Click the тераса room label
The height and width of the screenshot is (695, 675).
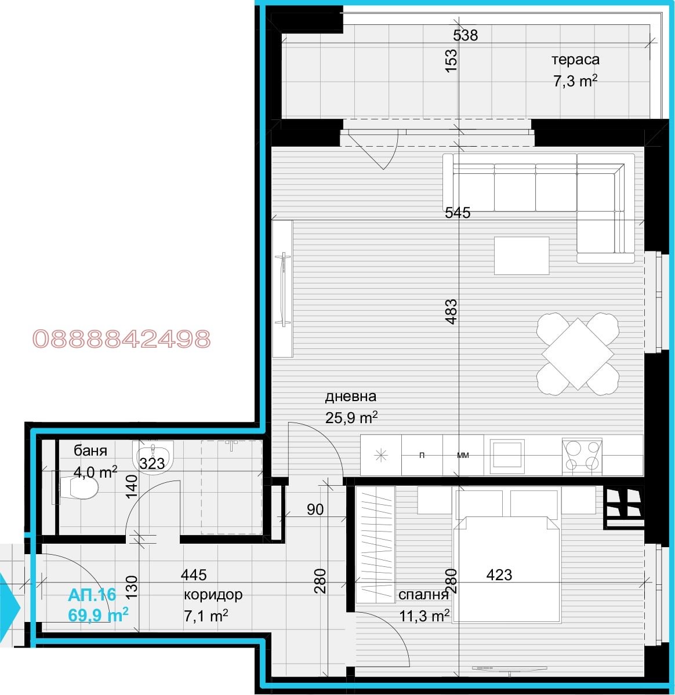pos(575,60)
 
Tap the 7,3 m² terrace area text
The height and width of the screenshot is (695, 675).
pos(575,81)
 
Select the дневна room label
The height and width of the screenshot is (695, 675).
pos(350,396)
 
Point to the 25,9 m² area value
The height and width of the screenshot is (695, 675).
pos(351,417)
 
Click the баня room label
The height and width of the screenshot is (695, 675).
pos(90,450)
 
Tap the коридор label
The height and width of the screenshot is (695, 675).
pos(213,595)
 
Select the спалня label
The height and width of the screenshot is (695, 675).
pos(423,595)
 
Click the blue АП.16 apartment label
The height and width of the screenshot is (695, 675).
pos(92,595)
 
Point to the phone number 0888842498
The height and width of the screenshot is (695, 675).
pos(122,339)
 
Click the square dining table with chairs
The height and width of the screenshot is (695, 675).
pos(578,353)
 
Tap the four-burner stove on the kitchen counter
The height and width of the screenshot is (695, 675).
pos(582,455)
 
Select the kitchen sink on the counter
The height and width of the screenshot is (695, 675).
pos(507,455)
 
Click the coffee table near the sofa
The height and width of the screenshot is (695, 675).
pos(521,256)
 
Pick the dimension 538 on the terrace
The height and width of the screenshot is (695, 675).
pos(466,35)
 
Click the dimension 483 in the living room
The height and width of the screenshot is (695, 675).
pos(451,311)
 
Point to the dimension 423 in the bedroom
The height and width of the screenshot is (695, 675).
pos(499,575)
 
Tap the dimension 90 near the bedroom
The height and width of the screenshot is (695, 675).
pos(315,510)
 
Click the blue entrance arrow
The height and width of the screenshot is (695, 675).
pos(9,606)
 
